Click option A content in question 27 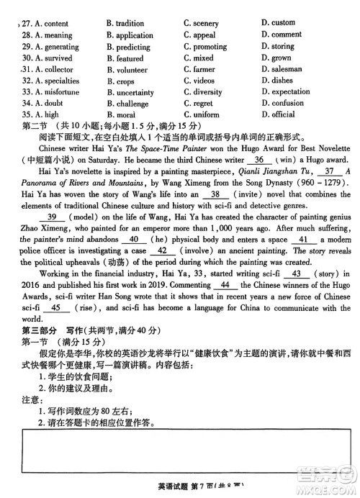(x=53, y=24)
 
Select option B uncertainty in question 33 (x=130, y=93)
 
